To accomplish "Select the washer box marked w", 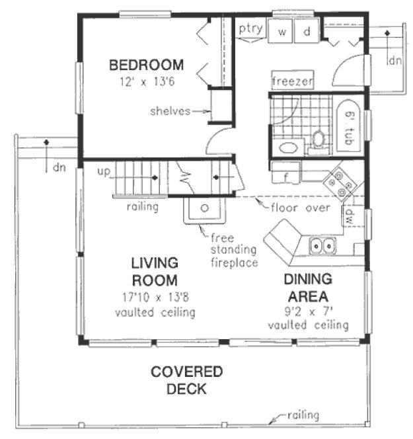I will click(x=282, y=32).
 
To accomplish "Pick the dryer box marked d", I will click(x=307, y=32).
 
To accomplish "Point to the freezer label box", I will click(x=292, y=81).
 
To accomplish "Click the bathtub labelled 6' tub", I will click(x=348, y=126).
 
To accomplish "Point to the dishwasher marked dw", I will click(x=348, y=216).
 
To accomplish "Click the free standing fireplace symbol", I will click(x=205, y=210).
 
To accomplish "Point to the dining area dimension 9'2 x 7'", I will click(x=309, y=309).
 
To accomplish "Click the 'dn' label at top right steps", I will click(x=394, y=61).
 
